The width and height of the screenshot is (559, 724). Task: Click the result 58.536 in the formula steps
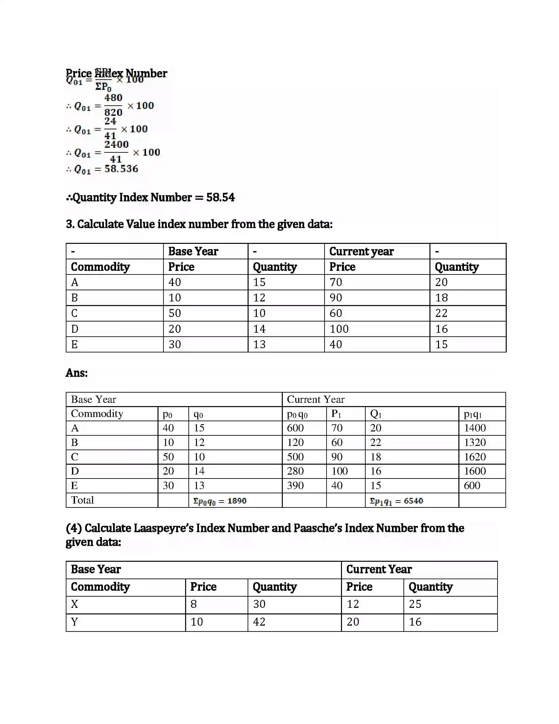[x=121, y=169]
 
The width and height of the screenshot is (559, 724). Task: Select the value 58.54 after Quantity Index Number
[x=220, y=197]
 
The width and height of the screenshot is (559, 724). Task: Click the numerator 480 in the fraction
[x=113, y=98]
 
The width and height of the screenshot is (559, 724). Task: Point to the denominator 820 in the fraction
[x=113, y=112]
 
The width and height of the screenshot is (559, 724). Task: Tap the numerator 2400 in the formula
[x=116, y=144]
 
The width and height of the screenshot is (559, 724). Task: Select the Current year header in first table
[x=361, y=251]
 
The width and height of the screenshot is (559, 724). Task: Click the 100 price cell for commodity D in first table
[x=339, y=329]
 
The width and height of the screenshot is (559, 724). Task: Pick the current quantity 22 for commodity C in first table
[x=441, y=313]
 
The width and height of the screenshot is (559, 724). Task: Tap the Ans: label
[x=77, y=373]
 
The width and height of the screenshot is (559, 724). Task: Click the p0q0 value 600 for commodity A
[x=295, y=428]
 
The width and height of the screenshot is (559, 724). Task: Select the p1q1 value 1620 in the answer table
[x=474, y=457]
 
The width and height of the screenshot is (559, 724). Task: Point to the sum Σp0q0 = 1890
[x=220, y=501]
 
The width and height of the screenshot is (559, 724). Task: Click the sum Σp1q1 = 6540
[x=397, y=501]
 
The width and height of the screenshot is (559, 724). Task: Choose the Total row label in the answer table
[x=83, y=500]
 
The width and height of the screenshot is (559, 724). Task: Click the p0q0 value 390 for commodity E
[x=295, y=486]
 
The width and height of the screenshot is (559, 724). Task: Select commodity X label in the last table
[x=75, y=604]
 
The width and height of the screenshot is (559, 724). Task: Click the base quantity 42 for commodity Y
[x=259, y=622]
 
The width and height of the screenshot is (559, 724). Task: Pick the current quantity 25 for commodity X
[x=415, y=604]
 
